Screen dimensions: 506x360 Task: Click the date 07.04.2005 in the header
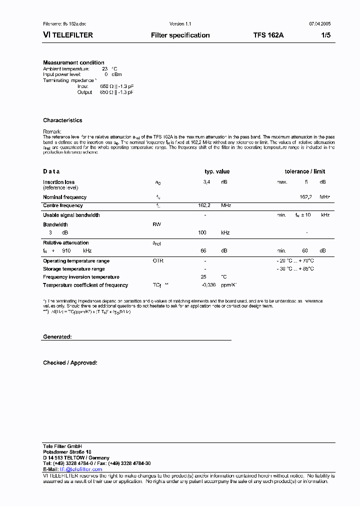pyautogui.click(x=318, y=24)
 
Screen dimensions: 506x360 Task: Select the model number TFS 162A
pyautogui.click(x=268, y=35)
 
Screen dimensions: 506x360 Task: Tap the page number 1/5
pyautogui.click(x=325, y=35)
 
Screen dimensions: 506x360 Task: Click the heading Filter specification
pyautogui.click(x=180, y=35)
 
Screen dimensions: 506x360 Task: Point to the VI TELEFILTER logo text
pyautogui.click(x=68, y=35)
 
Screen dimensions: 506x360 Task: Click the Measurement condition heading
pyautogui.click(x=73, y=62)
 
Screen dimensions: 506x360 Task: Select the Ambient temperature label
pyautogui.click(x=66, y=68)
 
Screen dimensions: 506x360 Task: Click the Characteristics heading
pyautogui.click(x=62, y=120)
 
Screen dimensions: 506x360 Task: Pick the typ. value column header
pyautogui.click(x=217, y=171)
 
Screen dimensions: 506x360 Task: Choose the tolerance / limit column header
pyautogui.click(x=305, y=171)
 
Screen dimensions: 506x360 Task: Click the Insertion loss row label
pyautogui.click(x=58, y=182)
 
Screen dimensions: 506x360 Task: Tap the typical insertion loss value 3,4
pyautogui.click(x=206, y=182)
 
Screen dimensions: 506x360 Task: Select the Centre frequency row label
pyautogui.click(x=63, y=205)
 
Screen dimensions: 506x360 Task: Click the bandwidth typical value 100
pyautogui.click(x=202, y=233)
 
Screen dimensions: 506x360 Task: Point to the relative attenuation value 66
pyautogui.click(x=203, y=250)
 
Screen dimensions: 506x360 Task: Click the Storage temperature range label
pyautogui.click(x=73, y=269)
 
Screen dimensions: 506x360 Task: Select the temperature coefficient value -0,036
pyautogui.click(x=208, y=285)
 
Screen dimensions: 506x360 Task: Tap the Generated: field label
pyautogui.click(x=57, y=337)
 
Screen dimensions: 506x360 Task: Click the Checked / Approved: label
pyautogui.click(x=70, y=363)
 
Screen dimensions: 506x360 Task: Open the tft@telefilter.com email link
pyautogui.click(x=80, y=469)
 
